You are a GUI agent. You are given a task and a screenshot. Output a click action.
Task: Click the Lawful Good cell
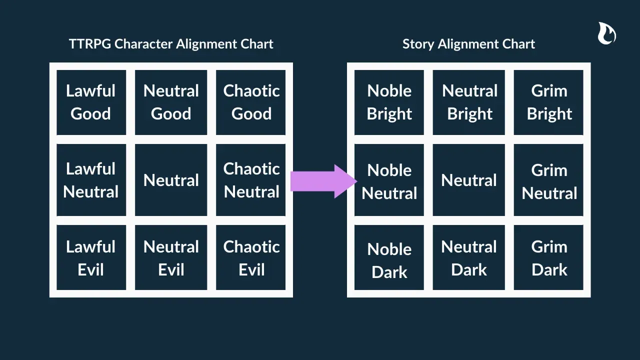pyautogui.click(x=91, y=102)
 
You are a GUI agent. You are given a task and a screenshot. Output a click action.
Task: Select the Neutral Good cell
pyautogui.click(x=171, y=102)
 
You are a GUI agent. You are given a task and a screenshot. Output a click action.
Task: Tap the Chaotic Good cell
pyautogui.click(x=251, y=102)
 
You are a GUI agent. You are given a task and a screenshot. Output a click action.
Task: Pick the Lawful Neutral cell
pyautogui.click(x=91, y=180)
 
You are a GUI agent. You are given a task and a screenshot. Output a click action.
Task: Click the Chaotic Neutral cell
pyautogui.click(x=251, y=180)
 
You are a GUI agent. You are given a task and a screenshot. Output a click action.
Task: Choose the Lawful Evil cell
pyautogui.click(x=91, y=258)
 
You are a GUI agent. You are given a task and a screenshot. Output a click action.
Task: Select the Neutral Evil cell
pyautogui.click(x=171, y=258)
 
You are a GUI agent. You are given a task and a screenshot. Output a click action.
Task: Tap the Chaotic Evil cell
pyautogui.click(x=251, y=258)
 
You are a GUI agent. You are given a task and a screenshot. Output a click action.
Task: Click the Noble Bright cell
pyautogui.click(x=389, y=102)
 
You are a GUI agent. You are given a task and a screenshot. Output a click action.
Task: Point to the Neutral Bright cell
pyautogui.click(x=469, y=102)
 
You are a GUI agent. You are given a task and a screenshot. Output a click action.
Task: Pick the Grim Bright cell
pyautogui.click(x=548, y=102)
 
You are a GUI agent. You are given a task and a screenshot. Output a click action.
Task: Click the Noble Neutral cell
pyautogui.click(x=389, y=181)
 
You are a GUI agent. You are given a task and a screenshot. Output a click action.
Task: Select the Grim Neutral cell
pyautogui.click(x=548, y=181)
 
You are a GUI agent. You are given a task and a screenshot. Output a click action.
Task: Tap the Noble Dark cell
pyautogui.click(x=389, y=259)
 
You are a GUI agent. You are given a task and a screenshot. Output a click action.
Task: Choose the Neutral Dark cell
pyautogui.click(x=469, y=258)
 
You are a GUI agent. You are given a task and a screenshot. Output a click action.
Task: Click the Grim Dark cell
pyautogui.click(x=548, y=258)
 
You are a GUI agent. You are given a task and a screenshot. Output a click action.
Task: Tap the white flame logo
pyautogui.click(x=606, y=33)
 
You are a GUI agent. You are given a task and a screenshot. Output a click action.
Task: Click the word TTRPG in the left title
pyautogui.click(x=90, y=44)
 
